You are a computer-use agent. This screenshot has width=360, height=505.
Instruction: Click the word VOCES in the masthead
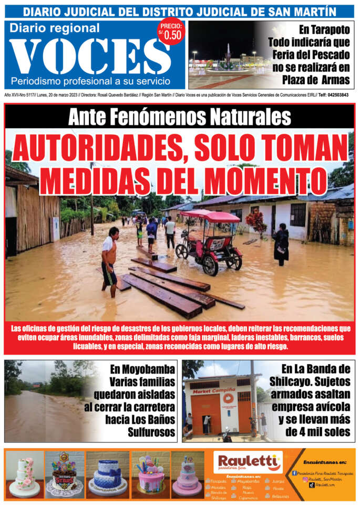(x=89, y=56)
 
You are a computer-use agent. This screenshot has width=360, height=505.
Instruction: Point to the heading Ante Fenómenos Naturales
(x=179, y=116)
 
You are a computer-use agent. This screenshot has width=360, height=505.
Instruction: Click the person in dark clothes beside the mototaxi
(x=281, y=244)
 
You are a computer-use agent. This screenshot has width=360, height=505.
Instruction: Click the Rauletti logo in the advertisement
(x=249, y=462)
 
